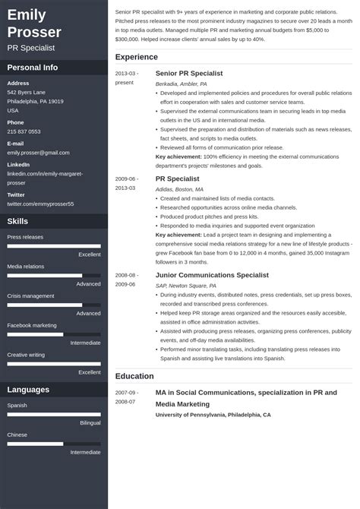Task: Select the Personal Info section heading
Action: click(33, 67)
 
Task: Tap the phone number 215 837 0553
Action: click(24, 131)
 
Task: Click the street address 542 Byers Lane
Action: click(27, 92)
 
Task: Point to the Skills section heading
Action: click(17, 221)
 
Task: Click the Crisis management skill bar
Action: click(54, 305)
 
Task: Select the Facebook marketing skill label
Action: click(32, 325)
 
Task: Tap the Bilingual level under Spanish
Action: click(90, 422)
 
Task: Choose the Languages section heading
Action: click(29, 390)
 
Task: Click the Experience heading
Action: click(137, 57)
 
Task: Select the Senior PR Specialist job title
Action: click(188, 73)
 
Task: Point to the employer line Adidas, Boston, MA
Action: click(179, 189)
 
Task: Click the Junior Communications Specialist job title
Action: click(212, 274)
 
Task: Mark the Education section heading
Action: click(134, 376)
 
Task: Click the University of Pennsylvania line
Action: click(213, 415)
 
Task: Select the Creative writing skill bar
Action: click(54, 364)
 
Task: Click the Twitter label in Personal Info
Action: click(16, 194)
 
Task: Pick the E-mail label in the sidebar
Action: click(15, 143)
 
